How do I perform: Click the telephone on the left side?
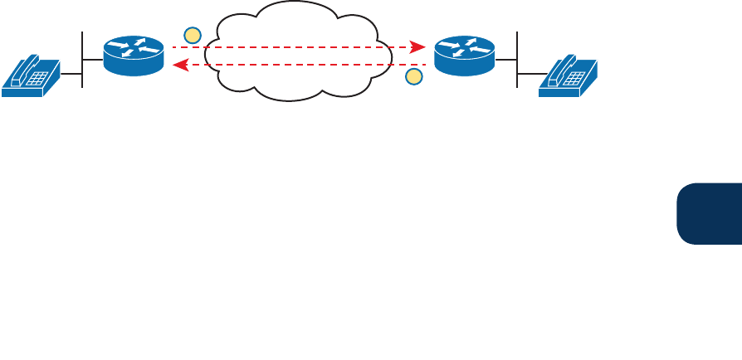click(31, 76)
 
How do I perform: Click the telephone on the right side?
click(568, 76)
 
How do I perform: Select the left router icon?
click(134, 56)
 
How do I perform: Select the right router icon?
click(464, 56)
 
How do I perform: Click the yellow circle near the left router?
click(193, 35)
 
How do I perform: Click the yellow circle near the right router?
click(413, 77)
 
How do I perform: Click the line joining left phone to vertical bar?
click(71, 75)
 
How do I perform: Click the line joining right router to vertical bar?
click(506, 60)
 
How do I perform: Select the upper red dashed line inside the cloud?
click(299, 48)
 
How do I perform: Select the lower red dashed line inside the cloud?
click(299, 64)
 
